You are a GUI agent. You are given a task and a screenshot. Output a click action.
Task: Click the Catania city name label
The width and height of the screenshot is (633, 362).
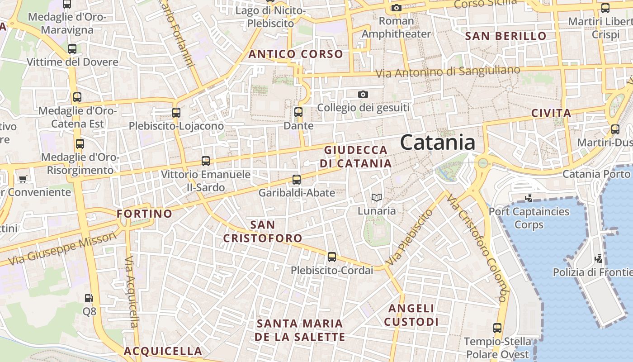tap(437, 143)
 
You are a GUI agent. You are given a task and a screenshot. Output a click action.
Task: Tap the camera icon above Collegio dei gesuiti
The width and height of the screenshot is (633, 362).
tap(363, 94)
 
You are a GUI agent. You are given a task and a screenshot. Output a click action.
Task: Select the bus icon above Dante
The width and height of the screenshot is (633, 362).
tap(298, 112)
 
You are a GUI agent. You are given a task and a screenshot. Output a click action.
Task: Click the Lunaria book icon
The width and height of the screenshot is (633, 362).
tap(376, 197)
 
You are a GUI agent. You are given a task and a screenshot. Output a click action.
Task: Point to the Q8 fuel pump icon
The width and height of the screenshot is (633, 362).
tap(89, 298)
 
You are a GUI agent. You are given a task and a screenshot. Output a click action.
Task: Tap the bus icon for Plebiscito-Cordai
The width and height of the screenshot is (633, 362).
tap(332, 257)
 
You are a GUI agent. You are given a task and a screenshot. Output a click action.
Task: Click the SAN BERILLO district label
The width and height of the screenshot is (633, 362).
tap(505, 36)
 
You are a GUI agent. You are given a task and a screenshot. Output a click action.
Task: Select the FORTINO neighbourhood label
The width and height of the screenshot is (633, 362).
tap(144, 214)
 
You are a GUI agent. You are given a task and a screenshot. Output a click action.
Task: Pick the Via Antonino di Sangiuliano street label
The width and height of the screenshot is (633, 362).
tap(448, 71)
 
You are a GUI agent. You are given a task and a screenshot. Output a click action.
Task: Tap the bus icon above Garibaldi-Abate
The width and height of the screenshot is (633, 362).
tap(297, 180)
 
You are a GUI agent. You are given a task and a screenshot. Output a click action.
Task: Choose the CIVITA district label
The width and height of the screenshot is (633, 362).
tap(551, 113)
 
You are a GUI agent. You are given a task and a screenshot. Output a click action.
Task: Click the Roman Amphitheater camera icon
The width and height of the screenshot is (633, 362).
tap(397, 8)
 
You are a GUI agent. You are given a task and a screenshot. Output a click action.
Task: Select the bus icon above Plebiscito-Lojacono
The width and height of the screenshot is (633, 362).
tap(176, 113)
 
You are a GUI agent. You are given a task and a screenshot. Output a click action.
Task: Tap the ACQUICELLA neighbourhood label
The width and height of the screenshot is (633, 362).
tap(163, 351)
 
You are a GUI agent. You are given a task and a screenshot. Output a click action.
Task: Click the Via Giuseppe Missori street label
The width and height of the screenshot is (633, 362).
tap(62, 249)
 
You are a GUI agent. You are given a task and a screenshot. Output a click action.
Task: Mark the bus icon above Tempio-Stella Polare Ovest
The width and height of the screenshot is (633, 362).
tap(497, 328)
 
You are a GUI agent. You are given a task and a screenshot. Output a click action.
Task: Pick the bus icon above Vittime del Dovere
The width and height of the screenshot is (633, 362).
tap(72, 49)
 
